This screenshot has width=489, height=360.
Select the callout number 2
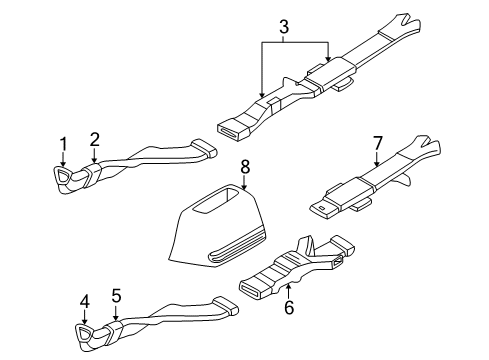[x=94, y=140]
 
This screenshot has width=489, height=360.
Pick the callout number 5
[x=116, y=297]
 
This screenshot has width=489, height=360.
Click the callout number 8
[x=243, y=163]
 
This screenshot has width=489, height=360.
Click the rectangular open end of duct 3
[x=234, y=127]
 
